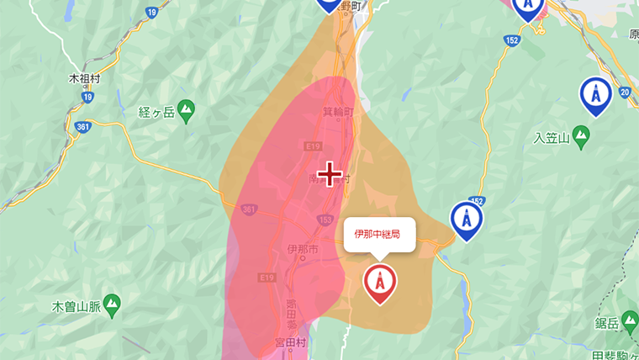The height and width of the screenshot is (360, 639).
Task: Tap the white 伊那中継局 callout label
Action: pos(378,234)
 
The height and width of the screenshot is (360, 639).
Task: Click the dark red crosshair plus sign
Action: pos(330,174)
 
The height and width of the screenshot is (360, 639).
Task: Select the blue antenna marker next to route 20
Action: pos(595,95)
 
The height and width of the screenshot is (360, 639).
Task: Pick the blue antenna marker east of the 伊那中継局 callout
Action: pos(466,220)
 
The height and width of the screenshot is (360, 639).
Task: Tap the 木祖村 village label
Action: pos(84,77)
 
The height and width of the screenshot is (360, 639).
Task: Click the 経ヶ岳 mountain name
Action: pos(156,111)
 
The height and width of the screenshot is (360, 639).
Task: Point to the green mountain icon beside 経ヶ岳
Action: pos(186,109)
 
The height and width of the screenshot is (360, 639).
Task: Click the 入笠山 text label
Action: pos(552,138)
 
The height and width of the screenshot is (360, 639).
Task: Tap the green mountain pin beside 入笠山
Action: pos(581,138)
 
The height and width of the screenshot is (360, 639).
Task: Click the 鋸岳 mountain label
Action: pos(607,323)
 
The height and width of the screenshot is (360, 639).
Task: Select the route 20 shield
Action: pos(624,92)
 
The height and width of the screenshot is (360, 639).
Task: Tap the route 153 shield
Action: pos(324,221)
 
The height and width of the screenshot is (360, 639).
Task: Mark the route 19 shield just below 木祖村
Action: pos(87,97)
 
